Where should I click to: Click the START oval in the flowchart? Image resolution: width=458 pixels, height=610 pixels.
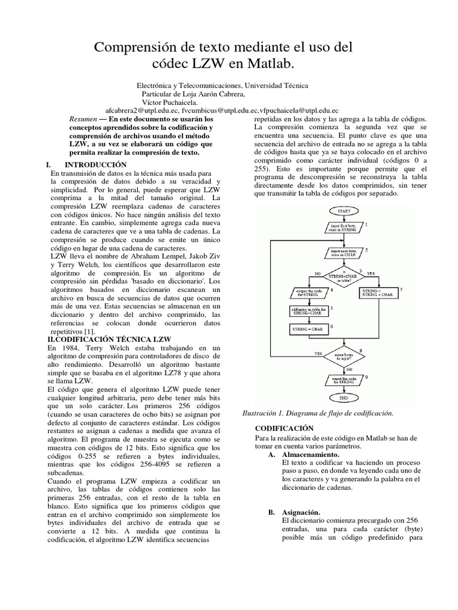(x=343, y=211)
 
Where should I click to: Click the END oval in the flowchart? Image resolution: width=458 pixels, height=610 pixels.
(x=343, y=397)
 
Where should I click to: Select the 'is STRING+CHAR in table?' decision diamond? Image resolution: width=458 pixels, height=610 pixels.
(x=343, y=276)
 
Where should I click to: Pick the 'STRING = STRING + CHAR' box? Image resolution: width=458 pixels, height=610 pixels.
(x=379, y=292)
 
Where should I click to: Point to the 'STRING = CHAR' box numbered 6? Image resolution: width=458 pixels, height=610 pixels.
(x=307, y=329)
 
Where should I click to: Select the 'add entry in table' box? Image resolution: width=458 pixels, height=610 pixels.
(x=307, y=310)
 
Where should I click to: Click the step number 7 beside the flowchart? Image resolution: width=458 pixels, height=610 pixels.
(x=401, y=290)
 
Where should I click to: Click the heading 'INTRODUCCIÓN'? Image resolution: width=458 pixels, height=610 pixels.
(x=96, y=164)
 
